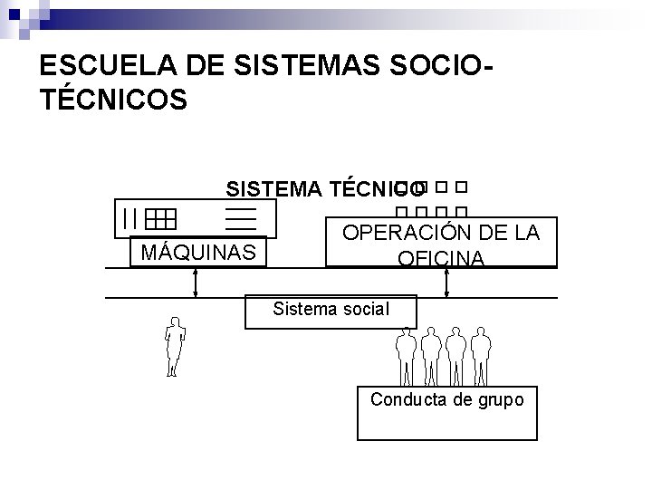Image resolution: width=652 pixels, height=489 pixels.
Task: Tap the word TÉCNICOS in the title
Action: coord(114,100)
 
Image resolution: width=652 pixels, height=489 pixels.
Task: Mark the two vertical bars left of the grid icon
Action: coord(132,218)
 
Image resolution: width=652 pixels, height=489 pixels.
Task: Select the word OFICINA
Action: coord(440,259)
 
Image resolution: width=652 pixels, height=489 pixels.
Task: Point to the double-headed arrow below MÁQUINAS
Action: coord(197,283)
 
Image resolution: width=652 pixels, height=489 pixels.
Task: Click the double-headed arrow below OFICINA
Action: coord(447,283)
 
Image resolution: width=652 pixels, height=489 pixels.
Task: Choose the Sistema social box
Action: coord(331,310)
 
